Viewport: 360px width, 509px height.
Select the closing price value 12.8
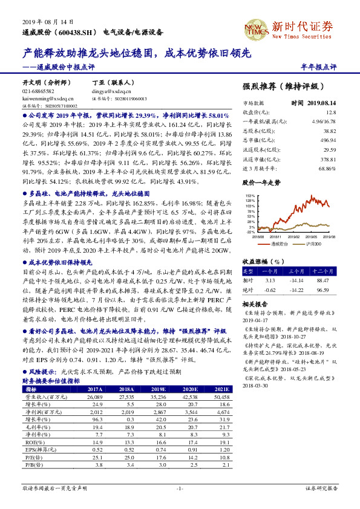[x=330, y=112]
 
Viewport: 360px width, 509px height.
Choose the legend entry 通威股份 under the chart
[x=279, y=244]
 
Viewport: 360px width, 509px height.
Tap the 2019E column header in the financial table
[x=160, y=390]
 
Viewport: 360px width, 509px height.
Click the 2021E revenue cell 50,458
[x=222, y=397]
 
